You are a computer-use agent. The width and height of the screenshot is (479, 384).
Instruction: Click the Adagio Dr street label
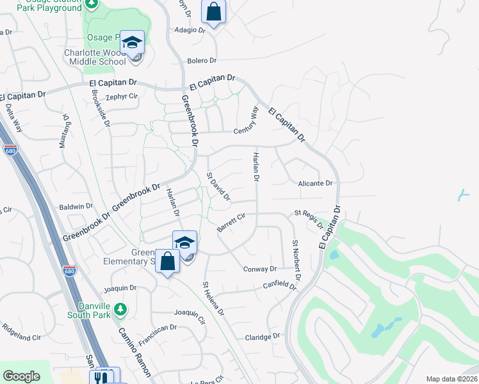pos(190,29)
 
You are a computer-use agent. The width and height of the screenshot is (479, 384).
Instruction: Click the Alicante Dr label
pos(316,183)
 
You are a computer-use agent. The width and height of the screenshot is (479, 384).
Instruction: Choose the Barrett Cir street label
pos(231,222)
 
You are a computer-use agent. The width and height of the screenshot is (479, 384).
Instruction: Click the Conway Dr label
pos(259,269)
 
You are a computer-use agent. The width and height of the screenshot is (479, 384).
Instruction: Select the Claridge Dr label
pos(263,336)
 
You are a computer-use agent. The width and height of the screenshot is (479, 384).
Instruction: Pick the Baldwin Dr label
pos(76,207)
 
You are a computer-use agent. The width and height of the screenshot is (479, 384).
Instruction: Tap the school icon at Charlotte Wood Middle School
pos(133,42)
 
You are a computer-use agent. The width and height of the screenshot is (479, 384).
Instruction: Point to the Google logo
pos(21,376)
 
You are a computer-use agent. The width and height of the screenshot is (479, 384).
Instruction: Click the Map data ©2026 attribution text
pos(451,379)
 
